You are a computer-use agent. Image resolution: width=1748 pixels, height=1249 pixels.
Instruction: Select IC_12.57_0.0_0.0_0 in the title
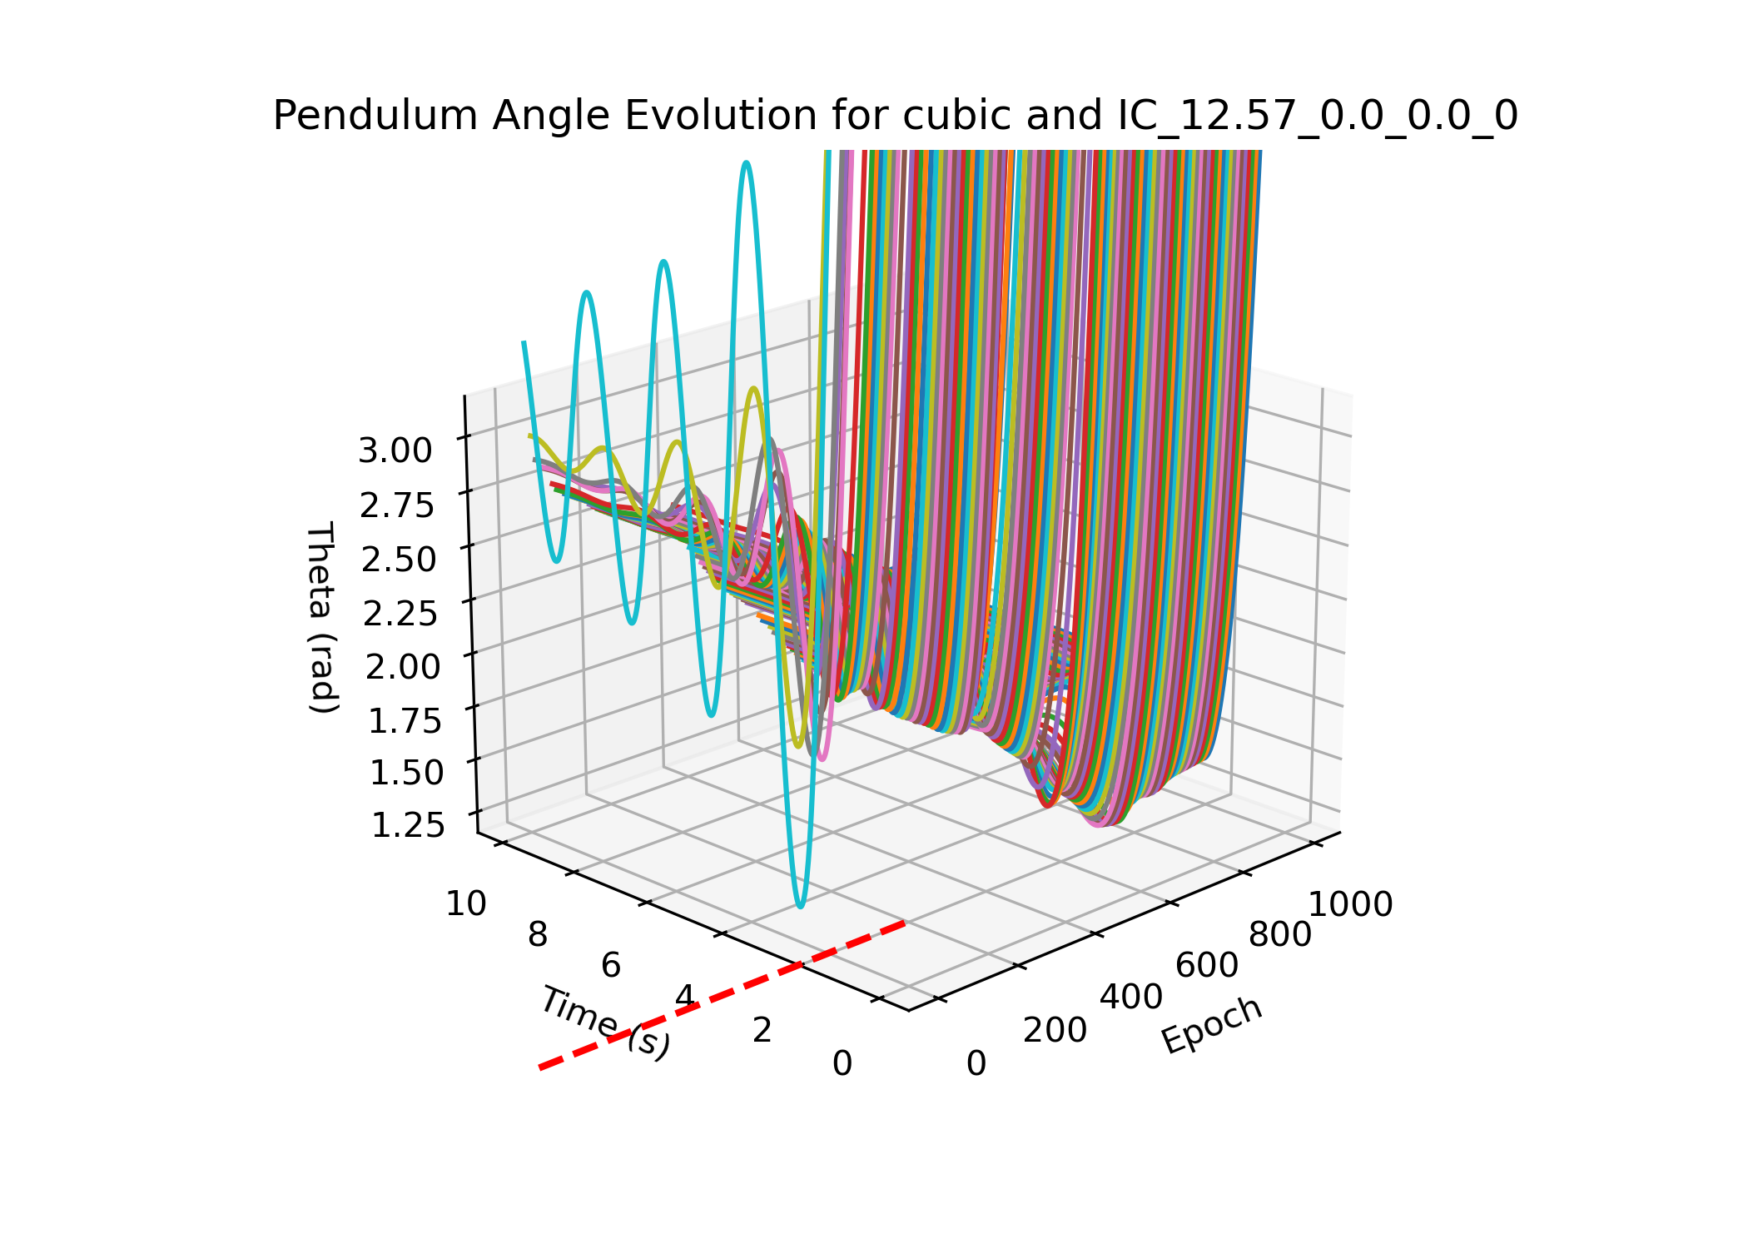click(x=1317, y=115)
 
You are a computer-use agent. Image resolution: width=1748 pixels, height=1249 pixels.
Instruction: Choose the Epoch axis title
click(x=1212, y=1025)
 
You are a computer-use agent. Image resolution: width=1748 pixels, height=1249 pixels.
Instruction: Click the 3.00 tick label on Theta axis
click(x=395, y=451)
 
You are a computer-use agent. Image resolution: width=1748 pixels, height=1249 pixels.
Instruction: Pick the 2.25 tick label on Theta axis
click(x=400, y=614)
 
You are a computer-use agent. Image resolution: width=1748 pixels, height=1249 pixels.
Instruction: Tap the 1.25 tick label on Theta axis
click(x=407, y=825)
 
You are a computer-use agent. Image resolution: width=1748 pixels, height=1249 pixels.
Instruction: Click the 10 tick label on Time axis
click(x=466, y=903)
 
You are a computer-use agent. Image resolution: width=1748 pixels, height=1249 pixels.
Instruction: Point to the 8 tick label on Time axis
click(x=538, y=935)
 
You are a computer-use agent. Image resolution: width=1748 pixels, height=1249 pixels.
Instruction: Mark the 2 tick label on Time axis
click(x=762, y=1031)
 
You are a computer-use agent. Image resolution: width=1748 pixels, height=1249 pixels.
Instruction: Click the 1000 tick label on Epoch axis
click(x=1350, y=904)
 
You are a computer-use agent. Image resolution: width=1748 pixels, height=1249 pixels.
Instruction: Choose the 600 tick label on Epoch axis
click(x=1206, y=965)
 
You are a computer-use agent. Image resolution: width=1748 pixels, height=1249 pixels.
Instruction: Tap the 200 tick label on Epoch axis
click(x=1055, y=1031)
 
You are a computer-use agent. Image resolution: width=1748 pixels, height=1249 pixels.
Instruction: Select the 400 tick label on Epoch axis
click(x=1131, y=997)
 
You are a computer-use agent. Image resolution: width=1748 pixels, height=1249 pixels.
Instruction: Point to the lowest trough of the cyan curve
click(x=800, y=906)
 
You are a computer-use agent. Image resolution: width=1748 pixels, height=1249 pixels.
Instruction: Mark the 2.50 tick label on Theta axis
click(x=399, y=560)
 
